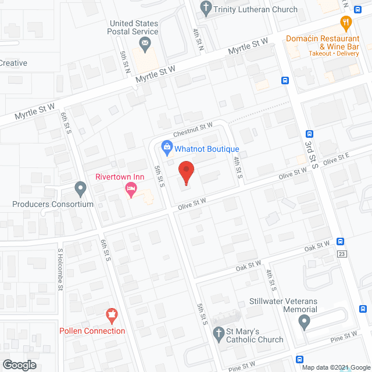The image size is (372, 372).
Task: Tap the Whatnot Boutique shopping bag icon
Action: coord(167,146)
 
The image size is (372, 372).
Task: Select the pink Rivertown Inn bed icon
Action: coord(131,189)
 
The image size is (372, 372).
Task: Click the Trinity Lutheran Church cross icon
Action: coord(205,9)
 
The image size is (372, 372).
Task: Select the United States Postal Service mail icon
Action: coord(145,43)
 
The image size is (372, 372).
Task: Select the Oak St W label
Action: coord(249,266)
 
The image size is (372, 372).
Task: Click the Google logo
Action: coord(19,365)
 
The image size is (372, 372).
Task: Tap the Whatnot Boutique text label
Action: coord(207,149)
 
